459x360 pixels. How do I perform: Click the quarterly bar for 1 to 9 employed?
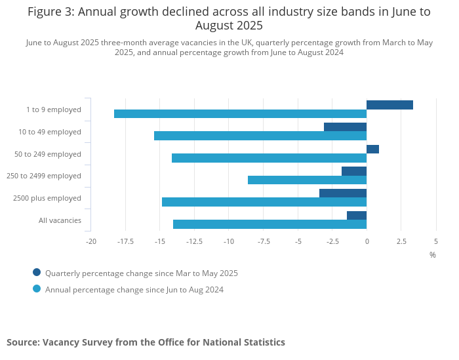pyautogui.click(x=389, y=105)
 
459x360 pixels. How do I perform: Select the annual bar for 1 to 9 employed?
pyautogui.click(x=240, y=114)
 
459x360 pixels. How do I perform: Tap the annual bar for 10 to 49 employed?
pyautogui.click(x=260, y=136)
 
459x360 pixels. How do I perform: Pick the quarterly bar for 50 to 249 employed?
pyautogui.click(x=372, y=149)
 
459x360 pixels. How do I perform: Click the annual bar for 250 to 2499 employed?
pyautogui.click(x=307, y=180)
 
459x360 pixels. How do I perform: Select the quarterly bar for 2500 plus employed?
pyautogui.click(x=343, y=193)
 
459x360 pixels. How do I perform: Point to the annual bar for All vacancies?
pyautogui.click(x=269, y=224)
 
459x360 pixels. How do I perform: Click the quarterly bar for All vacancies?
pyautogui.click(x=357, y=215)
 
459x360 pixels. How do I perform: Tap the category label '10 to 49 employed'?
pyautogui.click(x=50, y=132)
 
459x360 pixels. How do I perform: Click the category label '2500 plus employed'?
pyautogui.click(x=47, y=198)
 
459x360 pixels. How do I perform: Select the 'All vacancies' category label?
pyautogui.click(x=60, y=220)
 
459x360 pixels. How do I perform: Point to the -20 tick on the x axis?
pyautogui.click(x=91, y=241)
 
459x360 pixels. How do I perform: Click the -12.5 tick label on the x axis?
pyautogui.click(x=194, y=241)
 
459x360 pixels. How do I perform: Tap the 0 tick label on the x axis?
pyautogui.click(x=367, y=241)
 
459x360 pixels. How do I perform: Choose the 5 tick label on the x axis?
pyautogui.click(x=435, y=241)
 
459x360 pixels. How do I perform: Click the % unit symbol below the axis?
pyautogui.click(x=433, y=254)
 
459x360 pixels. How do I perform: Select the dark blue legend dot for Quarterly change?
pyautogui.click(x=37, y=272)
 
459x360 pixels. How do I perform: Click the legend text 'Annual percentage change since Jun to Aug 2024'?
pyautogui.click(x=134, y=289)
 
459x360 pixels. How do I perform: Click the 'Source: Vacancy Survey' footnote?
pyautogui.click(x=146, y=342)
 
